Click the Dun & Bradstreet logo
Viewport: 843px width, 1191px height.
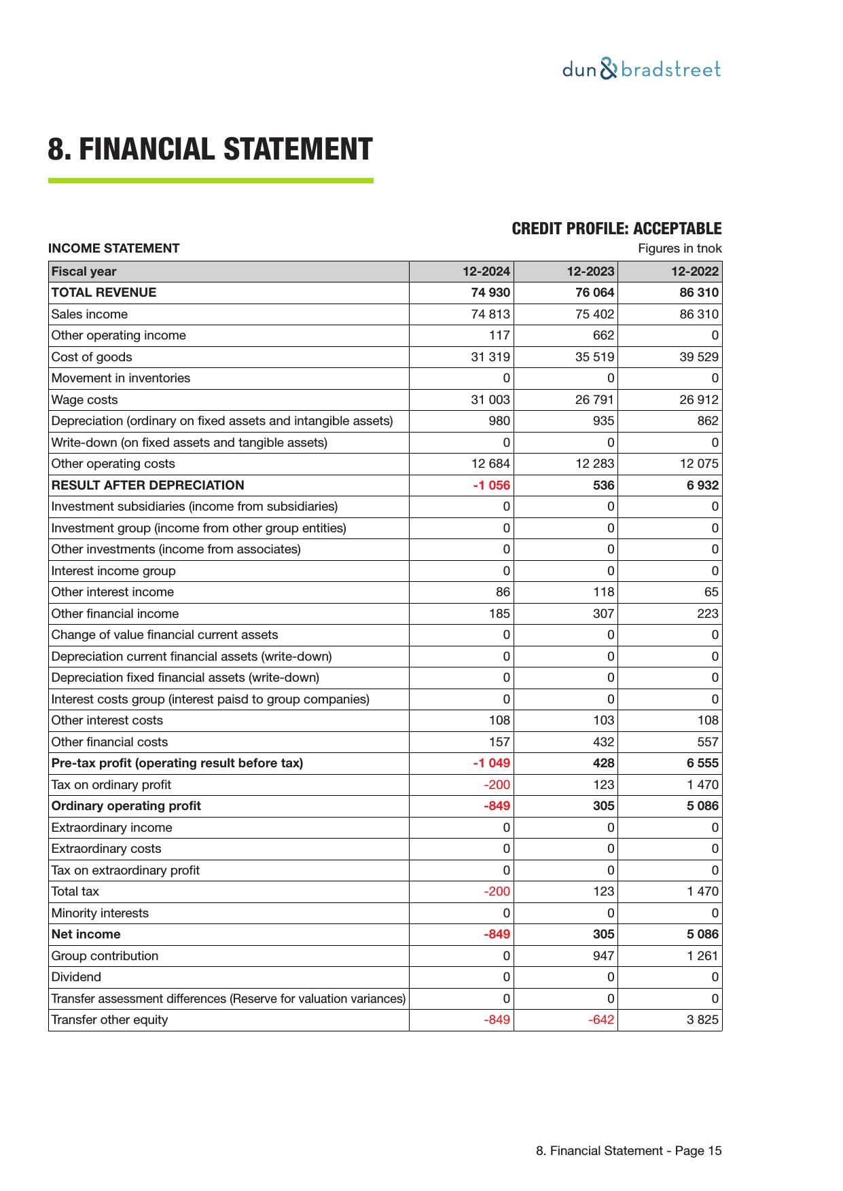pos(641,70)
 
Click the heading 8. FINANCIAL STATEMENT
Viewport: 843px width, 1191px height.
pos(210,149)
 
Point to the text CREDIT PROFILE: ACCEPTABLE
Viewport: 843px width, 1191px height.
pos(616,229)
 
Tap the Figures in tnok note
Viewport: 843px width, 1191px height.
pos(679,249)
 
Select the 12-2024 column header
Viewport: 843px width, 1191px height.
pos(486,272)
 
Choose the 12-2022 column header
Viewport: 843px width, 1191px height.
pos(694,272)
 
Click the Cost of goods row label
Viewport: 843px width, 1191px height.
pos(92,357)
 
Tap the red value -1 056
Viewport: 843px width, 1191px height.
pos(491,485)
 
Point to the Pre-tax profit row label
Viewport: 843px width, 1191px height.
pos(177,763)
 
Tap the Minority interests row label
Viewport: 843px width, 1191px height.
pos(100,913)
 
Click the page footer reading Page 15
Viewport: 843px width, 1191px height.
pos(628,1151)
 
